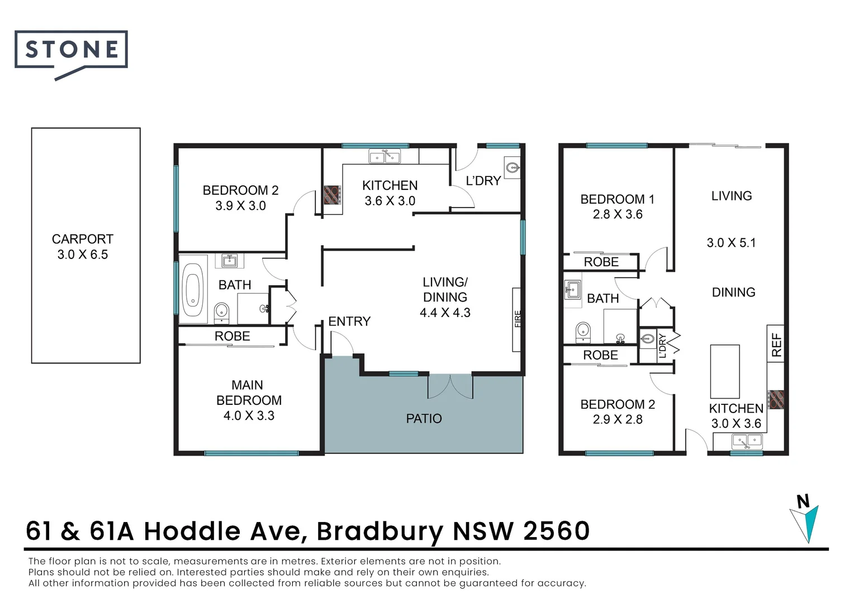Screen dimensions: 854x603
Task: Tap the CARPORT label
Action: click(82, 239)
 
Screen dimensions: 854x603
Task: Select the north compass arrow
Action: click(804, 524)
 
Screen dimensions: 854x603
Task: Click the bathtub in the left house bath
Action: click(192, 290)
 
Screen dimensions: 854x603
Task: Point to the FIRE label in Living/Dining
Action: click(518, 319)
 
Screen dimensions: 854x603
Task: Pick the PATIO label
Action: click(424, 419)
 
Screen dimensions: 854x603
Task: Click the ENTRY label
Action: click(349, 322)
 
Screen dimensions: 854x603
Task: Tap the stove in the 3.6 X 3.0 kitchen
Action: click(332, 195)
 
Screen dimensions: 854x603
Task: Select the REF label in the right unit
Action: click(776, 344)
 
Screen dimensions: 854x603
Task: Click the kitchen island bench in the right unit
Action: click(725, 371)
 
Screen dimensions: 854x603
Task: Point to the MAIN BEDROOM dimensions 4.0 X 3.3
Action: click(249, 415)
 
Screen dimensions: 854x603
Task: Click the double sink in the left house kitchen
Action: click(385, 156)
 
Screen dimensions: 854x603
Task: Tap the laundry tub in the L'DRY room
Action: click(512, 167)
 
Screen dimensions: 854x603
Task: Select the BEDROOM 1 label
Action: click(617, 199)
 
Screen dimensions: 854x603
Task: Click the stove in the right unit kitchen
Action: click(776, 400)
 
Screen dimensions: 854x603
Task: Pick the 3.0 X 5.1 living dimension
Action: click(731, 243)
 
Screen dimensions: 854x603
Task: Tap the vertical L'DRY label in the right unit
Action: click(662, 346)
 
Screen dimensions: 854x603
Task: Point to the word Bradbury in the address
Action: click(379, 532)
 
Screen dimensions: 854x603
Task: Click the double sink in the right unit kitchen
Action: click(747, 442)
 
